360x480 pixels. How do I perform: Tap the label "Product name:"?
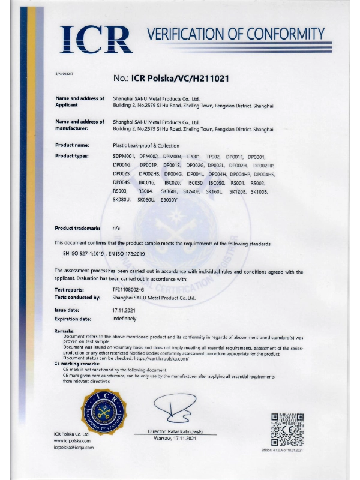[x=72, y=145]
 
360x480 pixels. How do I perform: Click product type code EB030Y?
[x=170, y=199]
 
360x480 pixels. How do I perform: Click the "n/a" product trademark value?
[x=116, y=228]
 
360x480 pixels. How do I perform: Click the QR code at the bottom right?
[x=289, y=428]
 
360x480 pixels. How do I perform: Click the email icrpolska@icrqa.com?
[x=74, y=447]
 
